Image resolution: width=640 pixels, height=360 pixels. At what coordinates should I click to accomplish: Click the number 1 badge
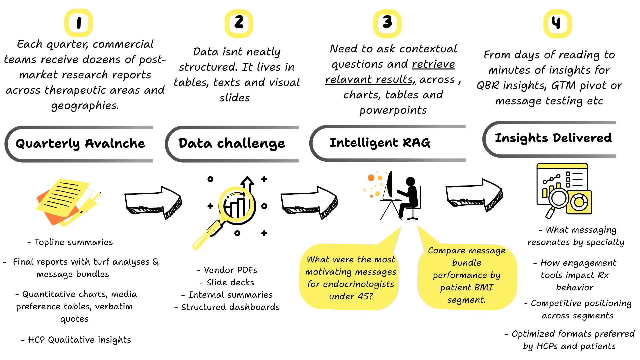(x=79, y=23)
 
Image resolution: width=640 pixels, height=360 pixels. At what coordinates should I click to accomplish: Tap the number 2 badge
(x=239, y=23)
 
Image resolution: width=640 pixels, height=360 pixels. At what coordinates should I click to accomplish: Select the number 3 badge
(x=387, y=23)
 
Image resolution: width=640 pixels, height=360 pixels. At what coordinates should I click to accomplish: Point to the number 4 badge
(x=557, y=23)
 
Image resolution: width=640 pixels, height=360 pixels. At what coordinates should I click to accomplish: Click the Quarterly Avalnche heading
(x=80, y=144)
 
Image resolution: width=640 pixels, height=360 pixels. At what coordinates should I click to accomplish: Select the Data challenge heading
(x=232, y=144)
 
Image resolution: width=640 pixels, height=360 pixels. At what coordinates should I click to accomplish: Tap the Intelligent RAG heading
(x=380, y=143)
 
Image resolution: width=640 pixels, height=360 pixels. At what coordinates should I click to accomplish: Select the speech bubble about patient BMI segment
(x=466, y=275)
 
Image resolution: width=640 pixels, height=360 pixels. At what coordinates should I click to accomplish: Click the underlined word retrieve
(x=433, y=64)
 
